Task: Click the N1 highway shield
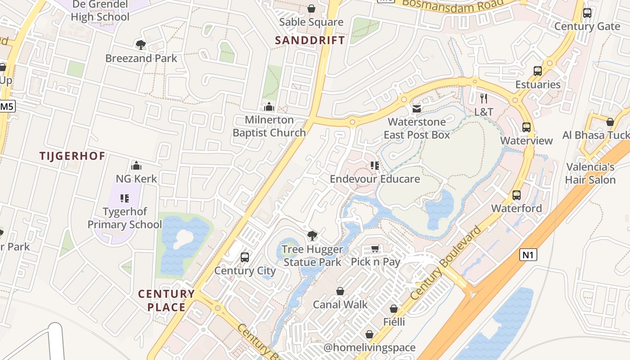(528, 255)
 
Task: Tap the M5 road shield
(7, 107)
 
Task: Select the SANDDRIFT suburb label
(310, 40)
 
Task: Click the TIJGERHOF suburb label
(72, 156)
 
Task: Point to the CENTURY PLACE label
(166, 301)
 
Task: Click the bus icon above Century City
(245, 257)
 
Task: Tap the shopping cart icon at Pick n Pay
(375, 249)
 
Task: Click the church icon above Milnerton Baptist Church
(269, 107)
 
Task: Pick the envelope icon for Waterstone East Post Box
(417, 108)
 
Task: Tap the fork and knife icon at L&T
(484, 99)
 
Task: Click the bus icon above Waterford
(517, 195)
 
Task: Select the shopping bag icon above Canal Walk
(340, 291)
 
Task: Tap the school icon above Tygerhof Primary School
(125, 198)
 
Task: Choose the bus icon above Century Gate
(587, 13)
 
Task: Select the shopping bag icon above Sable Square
(311, 9)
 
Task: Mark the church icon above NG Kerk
(136, 166)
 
